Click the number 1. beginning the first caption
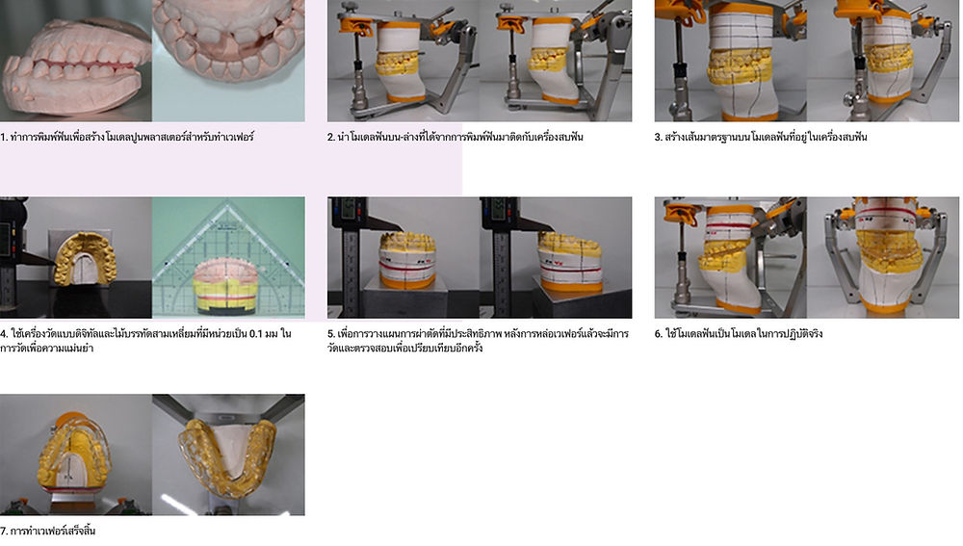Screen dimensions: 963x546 pyautogui.click(x=4, y=137)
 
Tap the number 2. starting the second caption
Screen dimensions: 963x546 pyautogui.click(x=331, y=137)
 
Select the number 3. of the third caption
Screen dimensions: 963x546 pyautogui.click(x=659, y=137)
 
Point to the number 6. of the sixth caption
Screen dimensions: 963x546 pyautogui.click(x=659, y=334)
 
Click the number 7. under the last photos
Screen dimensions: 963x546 pyautogui.click(x=4, y=532)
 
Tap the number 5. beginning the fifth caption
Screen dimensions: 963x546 pyautogui.click(x=331, y=334)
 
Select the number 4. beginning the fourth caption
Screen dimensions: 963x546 pyautogui.click(x=4, y=334)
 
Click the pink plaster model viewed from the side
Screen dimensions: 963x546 pyautogui.click(x=74, y=67)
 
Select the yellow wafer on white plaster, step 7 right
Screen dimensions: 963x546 pyautogui.click(x=228, y=457)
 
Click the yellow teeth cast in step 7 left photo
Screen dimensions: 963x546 pyautogui.click(x=75, y=455)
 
